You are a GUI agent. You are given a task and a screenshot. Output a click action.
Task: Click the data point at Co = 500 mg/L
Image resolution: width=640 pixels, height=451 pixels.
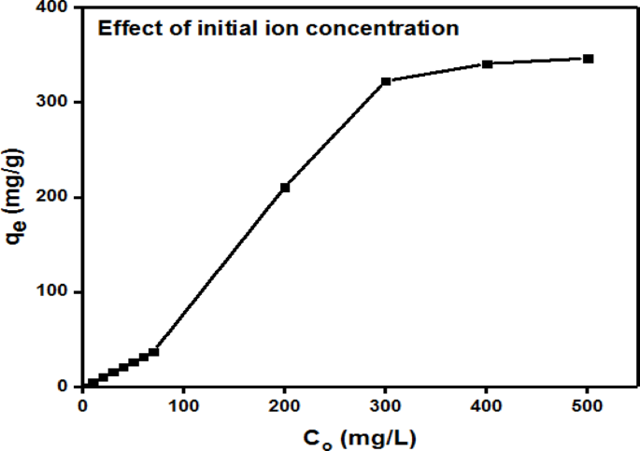point(589,59)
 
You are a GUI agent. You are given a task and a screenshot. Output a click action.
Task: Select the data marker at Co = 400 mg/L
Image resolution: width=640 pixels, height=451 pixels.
point(488,63)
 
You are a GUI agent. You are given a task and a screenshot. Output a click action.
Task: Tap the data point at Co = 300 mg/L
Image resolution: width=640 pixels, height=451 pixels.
point(386,81)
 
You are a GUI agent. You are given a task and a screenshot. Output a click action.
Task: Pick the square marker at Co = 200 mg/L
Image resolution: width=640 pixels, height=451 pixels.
point(285,188)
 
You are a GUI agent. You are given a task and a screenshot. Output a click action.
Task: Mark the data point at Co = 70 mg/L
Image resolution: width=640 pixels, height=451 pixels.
point(154,352)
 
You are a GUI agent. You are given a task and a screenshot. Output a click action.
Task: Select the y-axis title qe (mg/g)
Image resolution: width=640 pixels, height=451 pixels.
point(17,199)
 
